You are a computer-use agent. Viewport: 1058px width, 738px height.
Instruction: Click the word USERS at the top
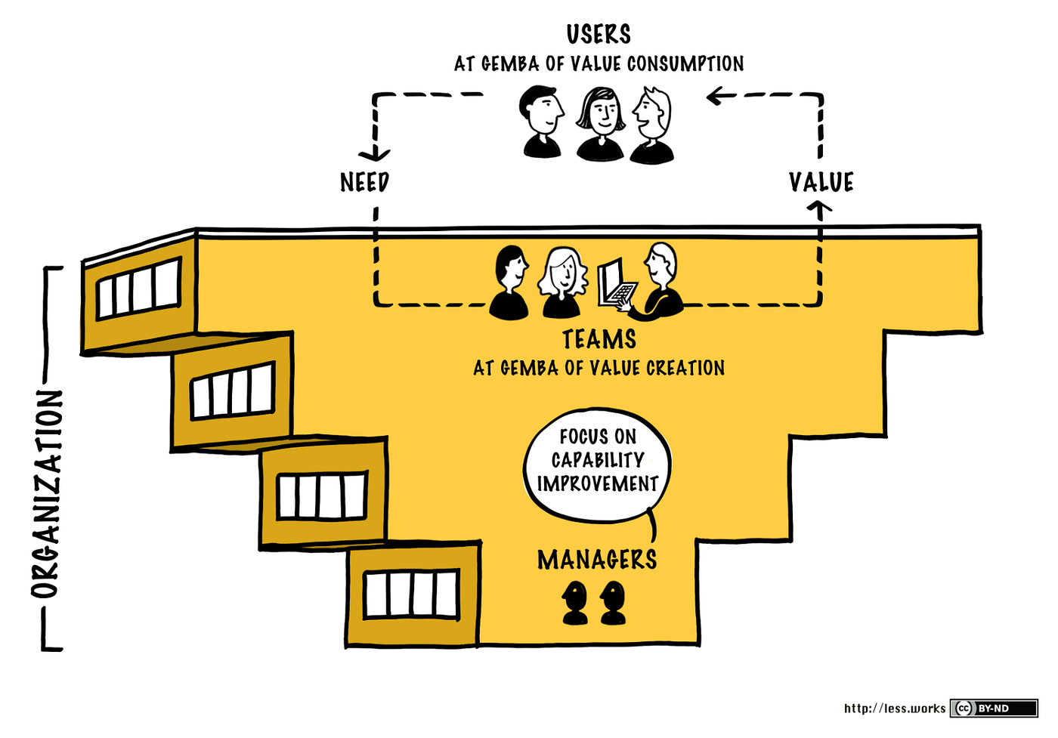click(599, 34)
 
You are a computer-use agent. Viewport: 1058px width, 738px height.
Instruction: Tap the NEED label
click(364, 182)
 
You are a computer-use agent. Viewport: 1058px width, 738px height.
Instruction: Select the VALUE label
click(821, 182)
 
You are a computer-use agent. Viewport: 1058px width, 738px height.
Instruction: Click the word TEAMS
click(599, 339)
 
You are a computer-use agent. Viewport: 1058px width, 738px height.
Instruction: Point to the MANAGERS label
click(597, 560)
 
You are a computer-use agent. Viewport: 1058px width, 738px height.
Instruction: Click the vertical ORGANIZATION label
click(47, 495)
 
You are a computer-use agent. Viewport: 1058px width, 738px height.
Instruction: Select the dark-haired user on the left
click(542, 121)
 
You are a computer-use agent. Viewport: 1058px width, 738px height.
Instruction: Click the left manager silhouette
click(575, 602)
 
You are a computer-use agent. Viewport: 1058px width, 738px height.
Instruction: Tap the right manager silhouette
click(613, 602)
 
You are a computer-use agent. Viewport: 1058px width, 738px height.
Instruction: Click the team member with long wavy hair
click(562, 282)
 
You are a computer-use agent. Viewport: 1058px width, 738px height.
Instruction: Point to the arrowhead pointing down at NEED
click(374, 155)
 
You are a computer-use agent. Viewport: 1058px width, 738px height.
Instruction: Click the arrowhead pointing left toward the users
click(713, 96)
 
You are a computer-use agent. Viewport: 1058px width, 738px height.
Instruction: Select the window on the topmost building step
click(139, 288)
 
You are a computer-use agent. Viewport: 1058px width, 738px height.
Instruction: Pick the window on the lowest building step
click(411, 594)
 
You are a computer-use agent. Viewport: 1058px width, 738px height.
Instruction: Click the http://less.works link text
click(895, 708)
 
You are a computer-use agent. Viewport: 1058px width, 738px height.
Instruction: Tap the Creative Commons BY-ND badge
click(994, 708)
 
